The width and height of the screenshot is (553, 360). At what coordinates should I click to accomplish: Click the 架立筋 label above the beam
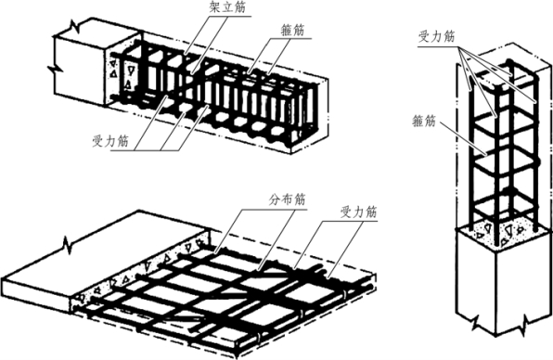pos(227,7)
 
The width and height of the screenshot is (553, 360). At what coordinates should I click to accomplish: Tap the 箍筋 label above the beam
pos(292,31)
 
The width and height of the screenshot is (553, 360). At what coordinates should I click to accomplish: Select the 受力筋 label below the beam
pos(110,141)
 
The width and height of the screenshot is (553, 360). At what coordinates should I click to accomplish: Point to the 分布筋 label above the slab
pos(287,199)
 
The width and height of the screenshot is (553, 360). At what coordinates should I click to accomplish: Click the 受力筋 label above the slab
pos(358,212)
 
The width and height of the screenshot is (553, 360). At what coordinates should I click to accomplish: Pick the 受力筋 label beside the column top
pos(437,36)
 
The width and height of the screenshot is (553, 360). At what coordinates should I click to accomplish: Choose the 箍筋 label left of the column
pos(424,122)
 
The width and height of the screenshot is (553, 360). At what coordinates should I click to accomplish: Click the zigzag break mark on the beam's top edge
pos(75,25)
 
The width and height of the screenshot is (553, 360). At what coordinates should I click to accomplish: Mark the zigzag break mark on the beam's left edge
pos(55,68)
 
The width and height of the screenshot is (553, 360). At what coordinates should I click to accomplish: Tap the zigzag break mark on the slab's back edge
pos(68,245)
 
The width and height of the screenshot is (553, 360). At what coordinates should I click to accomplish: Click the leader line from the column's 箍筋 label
pos(461,138)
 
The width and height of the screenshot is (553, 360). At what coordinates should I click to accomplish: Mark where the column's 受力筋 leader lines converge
pos(459,47)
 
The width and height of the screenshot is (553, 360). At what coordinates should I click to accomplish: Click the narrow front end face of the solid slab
pos(35,295)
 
